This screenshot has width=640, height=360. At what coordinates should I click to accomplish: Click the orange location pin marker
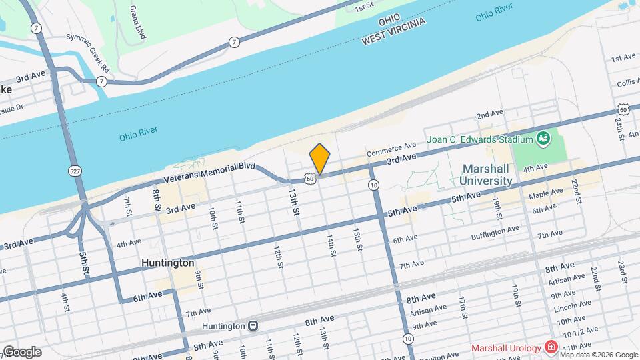[320, 159]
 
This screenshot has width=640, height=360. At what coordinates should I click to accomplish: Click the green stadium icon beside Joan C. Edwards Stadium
[543, 139]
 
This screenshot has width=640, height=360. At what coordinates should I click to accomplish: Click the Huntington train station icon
[253, 326]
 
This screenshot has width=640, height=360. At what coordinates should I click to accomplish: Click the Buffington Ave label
[495, 231]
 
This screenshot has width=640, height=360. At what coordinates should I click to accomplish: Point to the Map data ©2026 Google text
[599, 354]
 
